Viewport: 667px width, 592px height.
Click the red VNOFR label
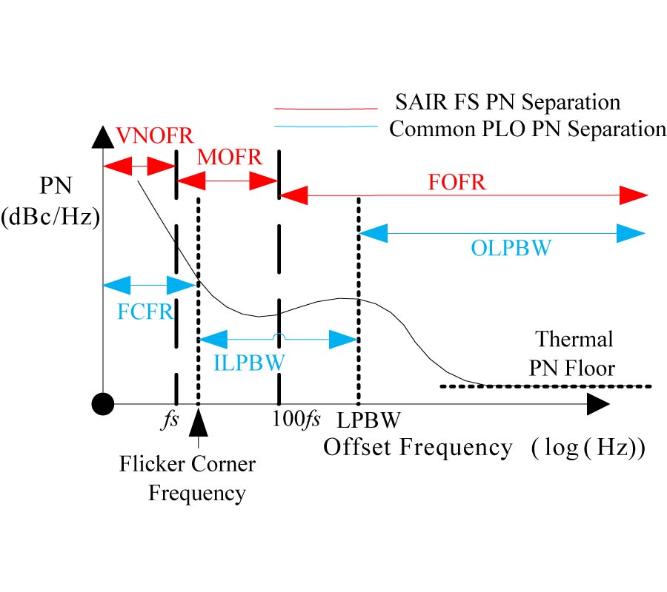tap(155, 135)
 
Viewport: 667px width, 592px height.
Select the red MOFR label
tap(230, 156)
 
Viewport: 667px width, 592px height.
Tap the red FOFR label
tap(457, 182)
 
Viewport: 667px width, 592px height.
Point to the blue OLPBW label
tap(511, 248)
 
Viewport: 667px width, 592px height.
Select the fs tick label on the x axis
tap(170, 420)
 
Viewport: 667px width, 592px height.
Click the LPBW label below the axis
tap(371, 420)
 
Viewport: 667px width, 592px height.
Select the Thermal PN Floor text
tap(574, 353)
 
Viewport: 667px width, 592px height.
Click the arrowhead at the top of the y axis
tap(103, 135)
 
